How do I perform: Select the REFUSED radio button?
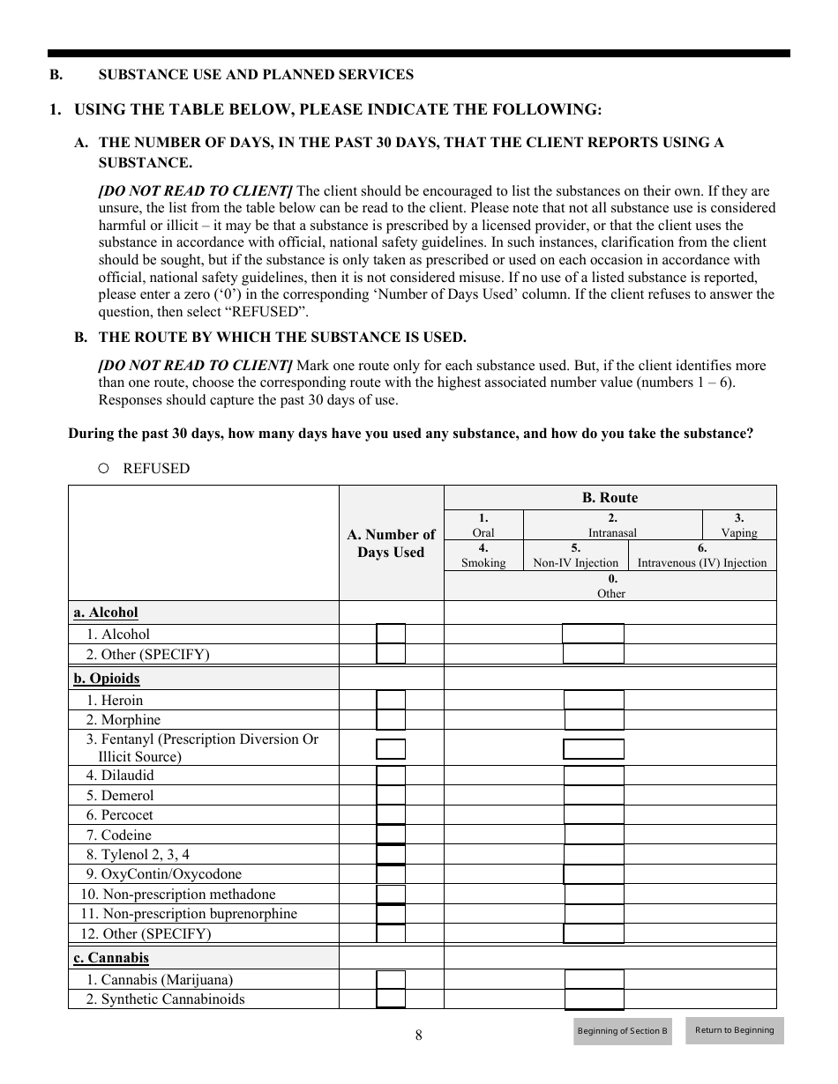[103, 469]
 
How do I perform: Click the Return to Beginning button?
[734, 1030]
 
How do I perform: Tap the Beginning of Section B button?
[622, 1031]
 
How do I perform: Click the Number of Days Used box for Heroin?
[391, 700]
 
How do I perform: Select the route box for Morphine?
[594, 720]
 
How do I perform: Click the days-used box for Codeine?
[391, 835]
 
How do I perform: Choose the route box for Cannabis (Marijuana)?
[594, 979]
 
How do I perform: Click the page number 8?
[419, 1036]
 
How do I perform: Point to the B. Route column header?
[610, 497]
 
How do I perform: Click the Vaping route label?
[739, 532]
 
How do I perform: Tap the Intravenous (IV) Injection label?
[702, 562]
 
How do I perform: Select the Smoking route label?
[483, 562]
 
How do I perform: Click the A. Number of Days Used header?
[391, 543]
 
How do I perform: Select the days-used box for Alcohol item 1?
[391, 634]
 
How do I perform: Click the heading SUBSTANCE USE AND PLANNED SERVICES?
[256, 75]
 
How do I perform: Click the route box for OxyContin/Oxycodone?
[594, 874]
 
